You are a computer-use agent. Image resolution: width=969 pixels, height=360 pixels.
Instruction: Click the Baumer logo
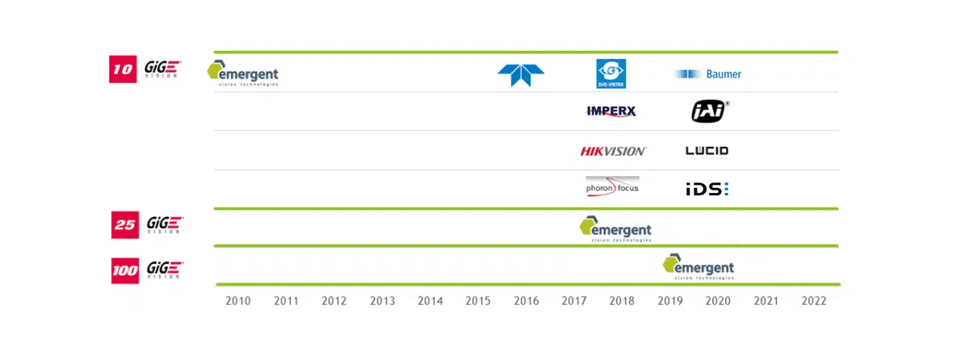click(x=708, y=74)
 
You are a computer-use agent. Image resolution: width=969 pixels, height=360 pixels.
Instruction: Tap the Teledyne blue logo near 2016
click(x=521, y=74)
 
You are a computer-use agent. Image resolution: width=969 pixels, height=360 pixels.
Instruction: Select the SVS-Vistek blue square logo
click(x=611, y=73)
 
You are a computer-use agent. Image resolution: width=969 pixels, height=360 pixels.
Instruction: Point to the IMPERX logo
click(x=611, y=111)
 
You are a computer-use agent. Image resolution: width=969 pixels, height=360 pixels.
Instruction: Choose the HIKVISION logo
click(x=613, y=151)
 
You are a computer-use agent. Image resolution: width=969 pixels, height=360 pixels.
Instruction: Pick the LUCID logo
click(x=707, y=151)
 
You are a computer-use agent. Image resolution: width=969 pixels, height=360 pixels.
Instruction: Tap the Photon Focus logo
click(x=612, y=187)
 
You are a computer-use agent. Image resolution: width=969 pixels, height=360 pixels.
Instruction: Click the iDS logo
click(x=707, y=189)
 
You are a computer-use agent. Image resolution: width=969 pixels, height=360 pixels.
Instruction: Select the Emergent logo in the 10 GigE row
click(x=243, y=73)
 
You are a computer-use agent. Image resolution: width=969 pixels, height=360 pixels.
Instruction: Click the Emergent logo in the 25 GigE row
click(x=615, y=228)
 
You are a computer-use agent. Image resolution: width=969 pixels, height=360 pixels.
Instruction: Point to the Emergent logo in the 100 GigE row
click(x=698, y=266)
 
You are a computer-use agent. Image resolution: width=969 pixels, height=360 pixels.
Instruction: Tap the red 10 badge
click(x=122, y=69)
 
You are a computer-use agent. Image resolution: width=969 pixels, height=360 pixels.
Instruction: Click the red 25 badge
click(x=124, y=224)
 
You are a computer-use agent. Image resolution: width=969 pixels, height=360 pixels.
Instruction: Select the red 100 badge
click(x=125, y=269)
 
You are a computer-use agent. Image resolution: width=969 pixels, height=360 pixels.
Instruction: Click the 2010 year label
click(x=238, y=301)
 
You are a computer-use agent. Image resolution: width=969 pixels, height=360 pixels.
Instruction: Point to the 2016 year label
click(x=526, y=301)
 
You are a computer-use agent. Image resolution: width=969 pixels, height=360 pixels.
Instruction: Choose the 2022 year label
click(x=814, y=301)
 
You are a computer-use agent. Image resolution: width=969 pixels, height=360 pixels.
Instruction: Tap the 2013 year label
click(x=382, y=301)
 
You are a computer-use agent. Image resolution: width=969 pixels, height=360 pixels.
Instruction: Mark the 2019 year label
click(x=670, y=301)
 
